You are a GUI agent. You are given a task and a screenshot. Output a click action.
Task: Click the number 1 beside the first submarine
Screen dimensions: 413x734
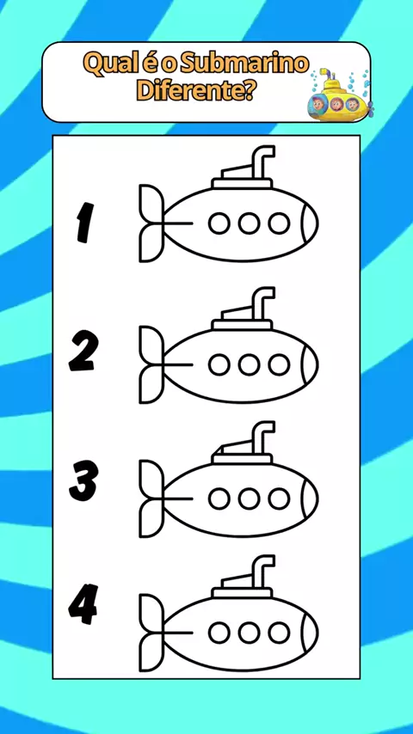pyautogui.click(x=84, y=222)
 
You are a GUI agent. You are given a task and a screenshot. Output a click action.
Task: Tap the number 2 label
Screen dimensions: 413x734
pyautogui.click(x=84, y=352)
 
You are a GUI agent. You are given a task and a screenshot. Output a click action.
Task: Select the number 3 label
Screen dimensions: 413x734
pyautogui.click(x=84, y=480)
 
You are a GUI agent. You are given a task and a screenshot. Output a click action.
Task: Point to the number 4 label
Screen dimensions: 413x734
pyautogui.click(x=83, y=604)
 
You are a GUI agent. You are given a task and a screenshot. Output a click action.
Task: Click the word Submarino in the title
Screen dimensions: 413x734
pyautogui.click(x=244, y=64)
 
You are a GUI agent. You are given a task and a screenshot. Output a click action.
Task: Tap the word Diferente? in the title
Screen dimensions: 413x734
pyautogui.click(x=195, y=90)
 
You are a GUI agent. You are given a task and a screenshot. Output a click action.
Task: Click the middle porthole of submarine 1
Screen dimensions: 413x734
pyautogui.click(x=249, y=223)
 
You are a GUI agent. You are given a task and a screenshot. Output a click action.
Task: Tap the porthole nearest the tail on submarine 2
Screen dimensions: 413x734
pyautogui.click(x=219, y=364)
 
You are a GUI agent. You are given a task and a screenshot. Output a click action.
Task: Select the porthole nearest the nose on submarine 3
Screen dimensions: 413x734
pyautogui.click(x=279, y=499)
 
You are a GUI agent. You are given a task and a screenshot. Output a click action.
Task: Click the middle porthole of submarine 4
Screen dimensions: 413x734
pyautogui.click(x=249, y=633)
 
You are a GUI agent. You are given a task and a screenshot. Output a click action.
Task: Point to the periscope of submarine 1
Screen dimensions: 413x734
pyautogui.click(x=262, y=162)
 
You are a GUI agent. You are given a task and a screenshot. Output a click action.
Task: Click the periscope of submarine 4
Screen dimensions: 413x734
pyautogui.click(x=262, y=572)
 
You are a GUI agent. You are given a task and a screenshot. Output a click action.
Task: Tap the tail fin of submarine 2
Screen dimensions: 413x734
pyautogui.click(x=151, y=364)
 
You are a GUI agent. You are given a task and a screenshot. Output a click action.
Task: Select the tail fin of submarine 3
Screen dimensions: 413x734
pyautogui.click(x=151, y=499)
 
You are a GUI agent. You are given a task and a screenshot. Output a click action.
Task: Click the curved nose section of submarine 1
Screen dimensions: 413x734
pyautogui.click(x=310, y=223)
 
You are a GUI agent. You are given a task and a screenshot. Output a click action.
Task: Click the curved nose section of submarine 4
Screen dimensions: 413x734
pyautogui.click(x=310, y=633)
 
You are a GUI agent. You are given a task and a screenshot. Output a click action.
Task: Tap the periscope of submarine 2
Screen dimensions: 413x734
pyautogui.click(x=262, y=303)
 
